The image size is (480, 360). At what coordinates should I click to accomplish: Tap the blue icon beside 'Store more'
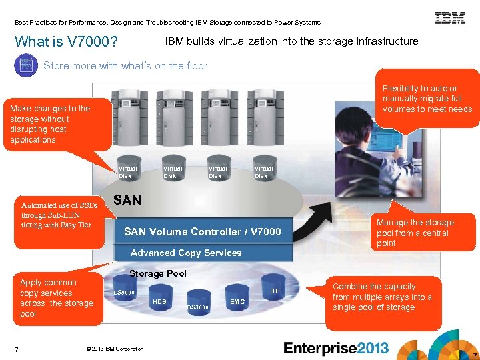(25, 65)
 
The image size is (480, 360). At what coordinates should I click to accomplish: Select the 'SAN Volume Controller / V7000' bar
(203, 232)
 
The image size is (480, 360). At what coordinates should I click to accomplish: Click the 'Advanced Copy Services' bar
(186, 253)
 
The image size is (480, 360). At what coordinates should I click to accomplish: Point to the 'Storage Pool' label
(158, 273)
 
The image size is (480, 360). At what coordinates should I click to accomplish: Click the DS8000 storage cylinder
(125, 291)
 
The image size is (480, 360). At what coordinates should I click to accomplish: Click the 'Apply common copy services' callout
(56, 298)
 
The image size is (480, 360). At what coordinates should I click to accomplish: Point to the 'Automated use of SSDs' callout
(59, 215)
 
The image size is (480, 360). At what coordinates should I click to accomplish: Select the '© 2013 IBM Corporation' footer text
(115, 349)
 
